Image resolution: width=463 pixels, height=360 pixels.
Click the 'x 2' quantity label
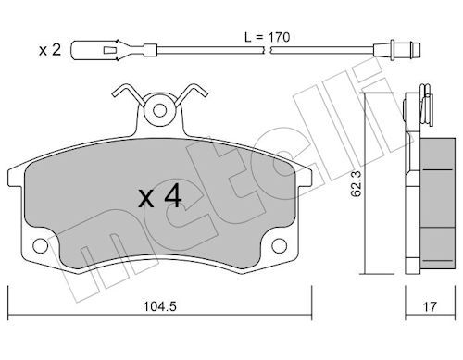[50, 50]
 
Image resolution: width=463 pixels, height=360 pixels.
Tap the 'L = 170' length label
[267, 37]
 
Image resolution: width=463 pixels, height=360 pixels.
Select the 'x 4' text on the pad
[159, 198]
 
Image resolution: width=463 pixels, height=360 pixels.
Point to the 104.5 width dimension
[159, 306]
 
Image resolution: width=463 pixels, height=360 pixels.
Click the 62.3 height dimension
[357, 184]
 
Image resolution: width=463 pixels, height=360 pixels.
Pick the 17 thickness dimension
[430, 306]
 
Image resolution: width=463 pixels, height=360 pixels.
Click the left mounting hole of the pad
[41, 246]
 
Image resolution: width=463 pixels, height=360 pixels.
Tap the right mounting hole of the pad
[280, 246]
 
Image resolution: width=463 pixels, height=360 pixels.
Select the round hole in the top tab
[159, 110]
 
